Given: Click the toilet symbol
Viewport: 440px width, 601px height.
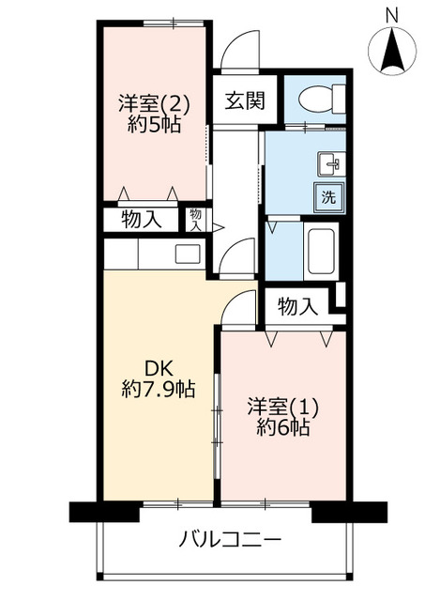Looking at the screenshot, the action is pos(322,100).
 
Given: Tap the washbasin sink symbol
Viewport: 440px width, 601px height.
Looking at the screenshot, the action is pos(331,164).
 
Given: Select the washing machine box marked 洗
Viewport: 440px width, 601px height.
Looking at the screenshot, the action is pos(329,198).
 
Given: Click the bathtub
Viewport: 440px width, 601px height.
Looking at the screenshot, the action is pos(321,251).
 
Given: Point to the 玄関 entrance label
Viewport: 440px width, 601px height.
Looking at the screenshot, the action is pos(245,101).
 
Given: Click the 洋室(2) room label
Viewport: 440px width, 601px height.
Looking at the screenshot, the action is pos(154,104).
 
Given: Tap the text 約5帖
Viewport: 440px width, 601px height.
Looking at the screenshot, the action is pos(154,124).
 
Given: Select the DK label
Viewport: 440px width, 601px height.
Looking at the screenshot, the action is pos(159,369).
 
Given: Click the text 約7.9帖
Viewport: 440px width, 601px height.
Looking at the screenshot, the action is pos(159,389).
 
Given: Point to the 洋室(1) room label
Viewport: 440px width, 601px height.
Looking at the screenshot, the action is pos(282,407).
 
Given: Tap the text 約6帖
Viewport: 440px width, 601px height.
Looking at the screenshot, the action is pos(283,427).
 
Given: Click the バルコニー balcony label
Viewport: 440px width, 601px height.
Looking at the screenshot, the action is pos(230,540).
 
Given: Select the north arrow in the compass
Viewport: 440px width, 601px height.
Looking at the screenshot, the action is pos(393,53).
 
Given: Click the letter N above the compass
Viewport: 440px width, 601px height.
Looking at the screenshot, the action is pos(391,16).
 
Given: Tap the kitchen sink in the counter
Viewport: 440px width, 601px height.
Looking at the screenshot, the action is pos(188,254).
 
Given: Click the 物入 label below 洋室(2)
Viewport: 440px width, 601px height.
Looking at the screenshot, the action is pos(142,220).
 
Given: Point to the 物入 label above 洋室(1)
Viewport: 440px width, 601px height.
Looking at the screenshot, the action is pos(297,307).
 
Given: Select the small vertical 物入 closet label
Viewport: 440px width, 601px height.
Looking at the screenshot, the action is pos(196,220).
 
